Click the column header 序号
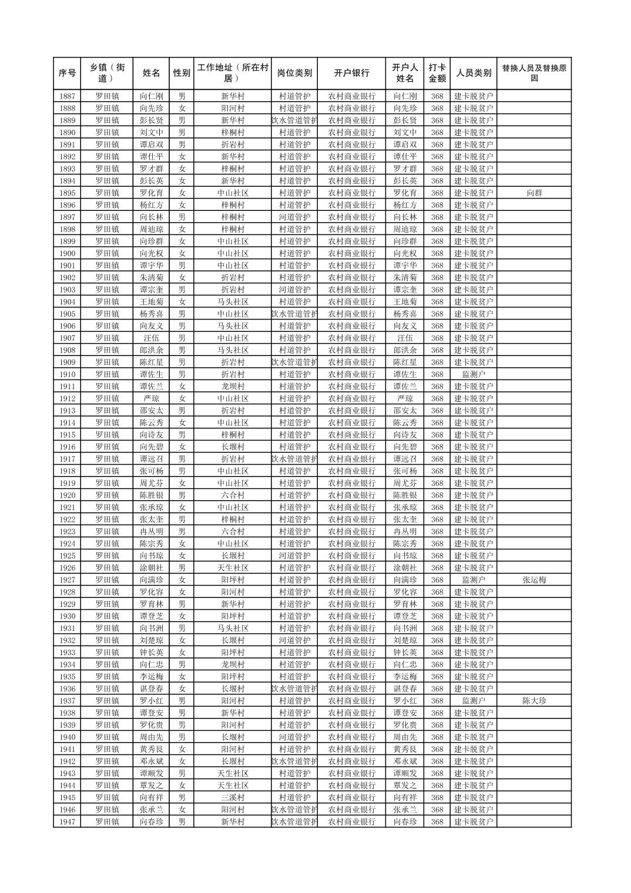pyautogui.click(x=68, y=73)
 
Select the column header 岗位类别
pyautogui.click(x=294, y=73)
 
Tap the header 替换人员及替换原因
pyautogui.click(x=534, y=73)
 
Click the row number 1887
pyautogui.click(x=68, y=96)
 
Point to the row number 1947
pyautogui.click(x=68, y=822)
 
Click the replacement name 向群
pyautogui.click(x=534, y=193)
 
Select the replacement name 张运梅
pyautogui.click(x=534, y=580)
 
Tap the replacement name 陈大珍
pyautogui.click(x=534, y=701)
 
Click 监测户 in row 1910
pyautogui.click(x=474, y=374)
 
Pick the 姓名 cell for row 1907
pyautogui.click(x=152, y=338)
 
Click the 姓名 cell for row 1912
pyautogui.click(x=152, y=399)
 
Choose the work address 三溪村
pyautogui.click(x=233, y=798)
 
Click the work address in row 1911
pyautogui.click(x=233, y=387)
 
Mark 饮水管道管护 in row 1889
pyautogui.click(x=294, y=120)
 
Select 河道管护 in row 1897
pyautogui.click(x=294, y=217)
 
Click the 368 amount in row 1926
pyautogui.click(x=437, y=568)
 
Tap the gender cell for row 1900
pyautogui.click(x=182, y=254)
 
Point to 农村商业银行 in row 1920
pyautogui.click(x=351, y=495)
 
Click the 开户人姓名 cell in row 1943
pyautogui.click(x=405, y=774)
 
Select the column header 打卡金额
pyautogui.click(x=437, y=73)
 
